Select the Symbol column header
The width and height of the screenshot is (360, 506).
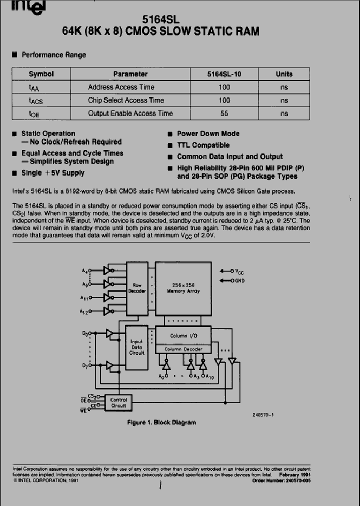[x=41, y=74]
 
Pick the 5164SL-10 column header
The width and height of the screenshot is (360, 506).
[x=224, y=74]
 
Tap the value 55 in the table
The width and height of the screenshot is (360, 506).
[x=224, y=113]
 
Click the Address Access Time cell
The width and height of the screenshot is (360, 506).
[x=121, y=87]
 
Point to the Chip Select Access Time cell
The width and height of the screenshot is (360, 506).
[x=126, y=100]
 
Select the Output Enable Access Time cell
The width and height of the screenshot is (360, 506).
[x=130, y=113]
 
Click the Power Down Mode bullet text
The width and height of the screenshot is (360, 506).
[x=208, y=133]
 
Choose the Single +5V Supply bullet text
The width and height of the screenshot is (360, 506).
[x=52, y=173]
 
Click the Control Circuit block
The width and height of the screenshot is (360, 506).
[x=118, y=403]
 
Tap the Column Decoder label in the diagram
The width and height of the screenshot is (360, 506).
[x=183, y=348]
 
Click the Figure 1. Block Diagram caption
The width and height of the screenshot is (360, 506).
[x=161, y=422]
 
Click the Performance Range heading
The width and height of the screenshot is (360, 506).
[x=53, y=55]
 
